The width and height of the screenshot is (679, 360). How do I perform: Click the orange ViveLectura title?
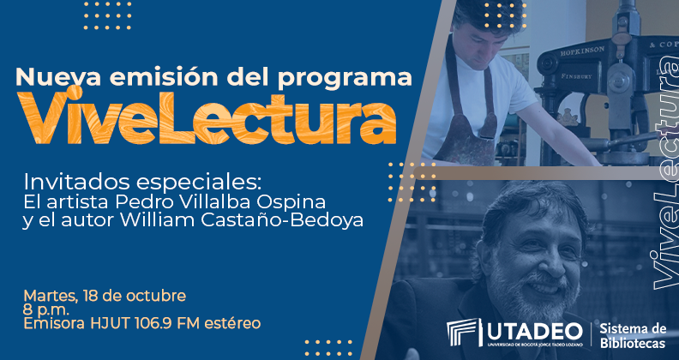(x=207, y=118)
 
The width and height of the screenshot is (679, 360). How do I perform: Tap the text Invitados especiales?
(x=142, y=183)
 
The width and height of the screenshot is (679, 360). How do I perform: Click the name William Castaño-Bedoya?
(x=241, y=220)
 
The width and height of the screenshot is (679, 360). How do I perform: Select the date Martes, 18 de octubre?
(x=105, y=297)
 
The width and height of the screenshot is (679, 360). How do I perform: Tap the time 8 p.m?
(x=46, y=310)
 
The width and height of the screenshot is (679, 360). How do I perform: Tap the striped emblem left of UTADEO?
(x=464, y=332)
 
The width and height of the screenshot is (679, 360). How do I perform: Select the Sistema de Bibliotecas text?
(x=633, y=336)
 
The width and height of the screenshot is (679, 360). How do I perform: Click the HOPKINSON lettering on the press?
(x=582, y=51)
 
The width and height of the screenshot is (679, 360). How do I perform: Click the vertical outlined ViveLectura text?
(x=664, y=173)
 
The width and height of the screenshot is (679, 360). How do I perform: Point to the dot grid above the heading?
(x=107, y=16)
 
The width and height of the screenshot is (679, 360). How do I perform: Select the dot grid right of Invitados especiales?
(x=412, y=183)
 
